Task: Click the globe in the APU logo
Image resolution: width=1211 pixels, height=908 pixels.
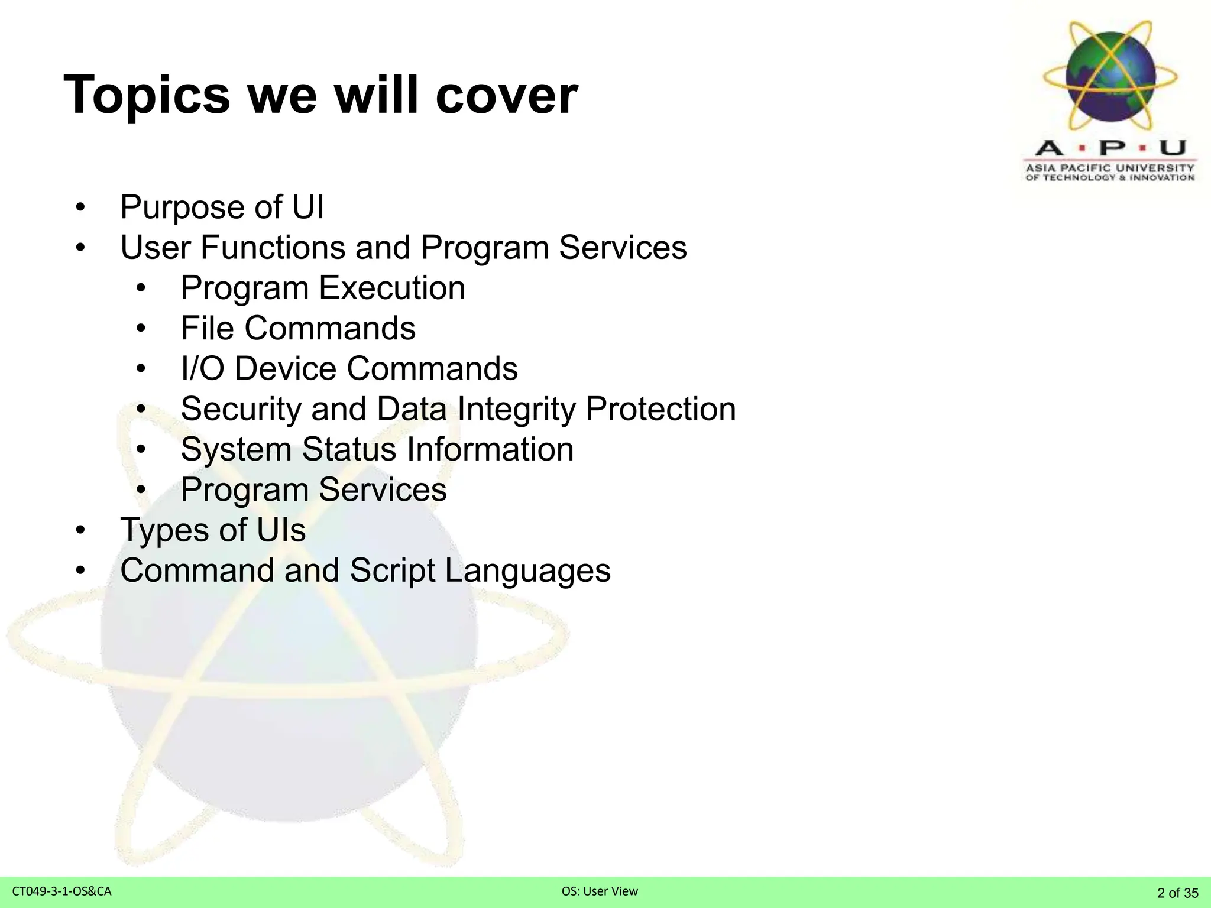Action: tap(1110, 76)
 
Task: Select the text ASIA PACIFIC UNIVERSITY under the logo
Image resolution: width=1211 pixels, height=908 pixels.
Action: tap(1110, 168)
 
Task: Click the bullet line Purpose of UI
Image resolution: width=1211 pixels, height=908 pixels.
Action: tap(222, 207)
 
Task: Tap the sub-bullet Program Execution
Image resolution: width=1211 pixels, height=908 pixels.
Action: tap(323, 288)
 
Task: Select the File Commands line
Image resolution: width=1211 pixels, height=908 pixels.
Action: tap(298, 328)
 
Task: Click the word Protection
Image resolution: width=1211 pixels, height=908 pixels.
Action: tap(660, 409)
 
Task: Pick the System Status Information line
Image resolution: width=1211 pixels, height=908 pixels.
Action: tap(377, 449)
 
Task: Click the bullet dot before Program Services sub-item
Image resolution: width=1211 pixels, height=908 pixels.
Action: tap(140, 490)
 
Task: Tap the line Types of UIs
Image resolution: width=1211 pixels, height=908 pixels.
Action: tap(213, 530)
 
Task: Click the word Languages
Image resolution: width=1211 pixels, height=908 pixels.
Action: tap(527, 571)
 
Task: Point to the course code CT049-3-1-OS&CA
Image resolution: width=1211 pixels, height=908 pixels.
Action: tap(61, 891)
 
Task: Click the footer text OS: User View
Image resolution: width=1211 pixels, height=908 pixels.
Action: tap(600, 891)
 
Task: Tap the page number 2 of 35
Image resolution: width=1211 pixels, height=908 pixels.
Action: tap(1177, 893)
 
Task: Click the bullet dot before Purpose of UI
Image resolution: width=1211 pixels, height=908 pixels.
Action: tap(80, 208)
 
